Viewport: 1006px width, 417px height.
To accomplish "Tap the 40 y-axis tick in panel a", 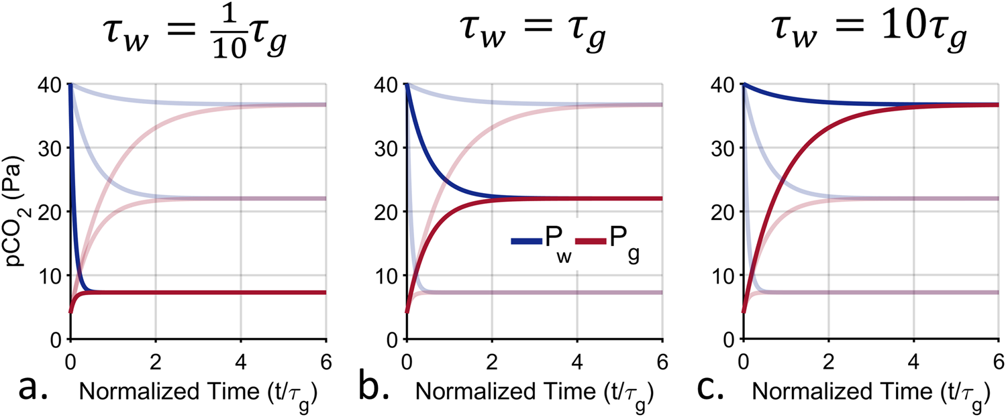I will coord(52,84).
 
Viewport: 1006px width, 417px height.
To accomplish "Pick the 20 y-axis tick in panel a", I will coord(52,212).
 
